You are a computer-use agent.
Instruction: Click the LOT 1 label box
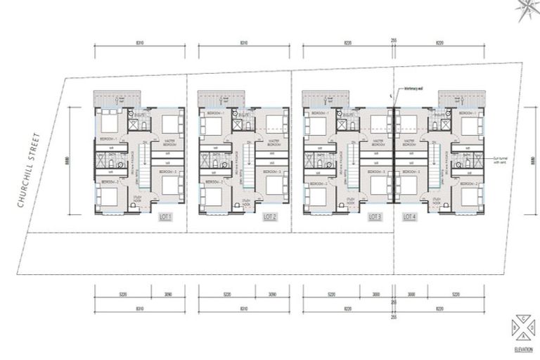[x=166, y=217]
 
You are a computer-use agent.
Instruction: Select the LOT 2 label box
[x=270, y=217]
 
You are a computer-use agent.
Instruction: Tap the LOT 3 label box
[x=375, y=217]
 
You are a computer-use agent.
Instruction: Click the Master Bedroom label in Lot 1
[x=169, y=141]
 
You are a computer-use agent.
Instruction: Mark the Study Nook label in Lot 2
[x=247, y=202]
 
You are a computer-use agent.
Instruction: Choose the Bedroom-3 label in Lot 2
[x=274, y=172]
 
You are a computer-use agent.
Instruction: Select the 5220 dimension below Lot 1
[x=122, y=295]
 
